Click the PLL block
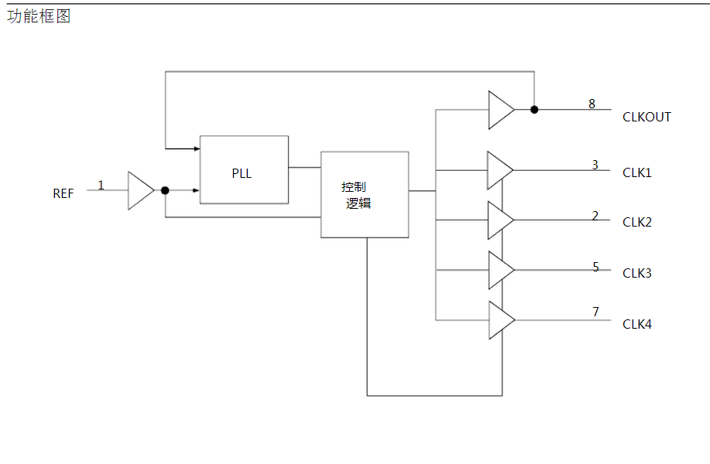click(244, 170)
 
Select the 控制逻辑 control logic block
click(364, 194)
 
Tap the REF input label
click(63, 193)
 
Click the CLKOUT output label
click(647, 118)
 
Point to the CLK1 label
click(637, 172)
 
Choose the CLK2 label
click(637, 223)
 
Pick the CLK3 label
click(637, 273)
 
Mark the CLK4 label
click(637, 324)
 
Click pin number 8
click(592, 104)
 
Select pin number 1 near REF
click(101, 185)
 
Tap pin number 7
click(595, 312)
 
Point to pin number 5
click(595, 267)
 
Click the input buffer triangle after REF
click(140, 190)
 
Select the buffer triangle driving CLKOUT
click(500, 110)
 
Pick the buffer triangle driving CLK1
click(499, 170)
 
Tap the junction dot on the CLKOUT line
click(534, 110)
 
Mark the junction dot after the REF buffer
click(165, 190)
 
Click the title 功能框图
click(39, 16)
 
